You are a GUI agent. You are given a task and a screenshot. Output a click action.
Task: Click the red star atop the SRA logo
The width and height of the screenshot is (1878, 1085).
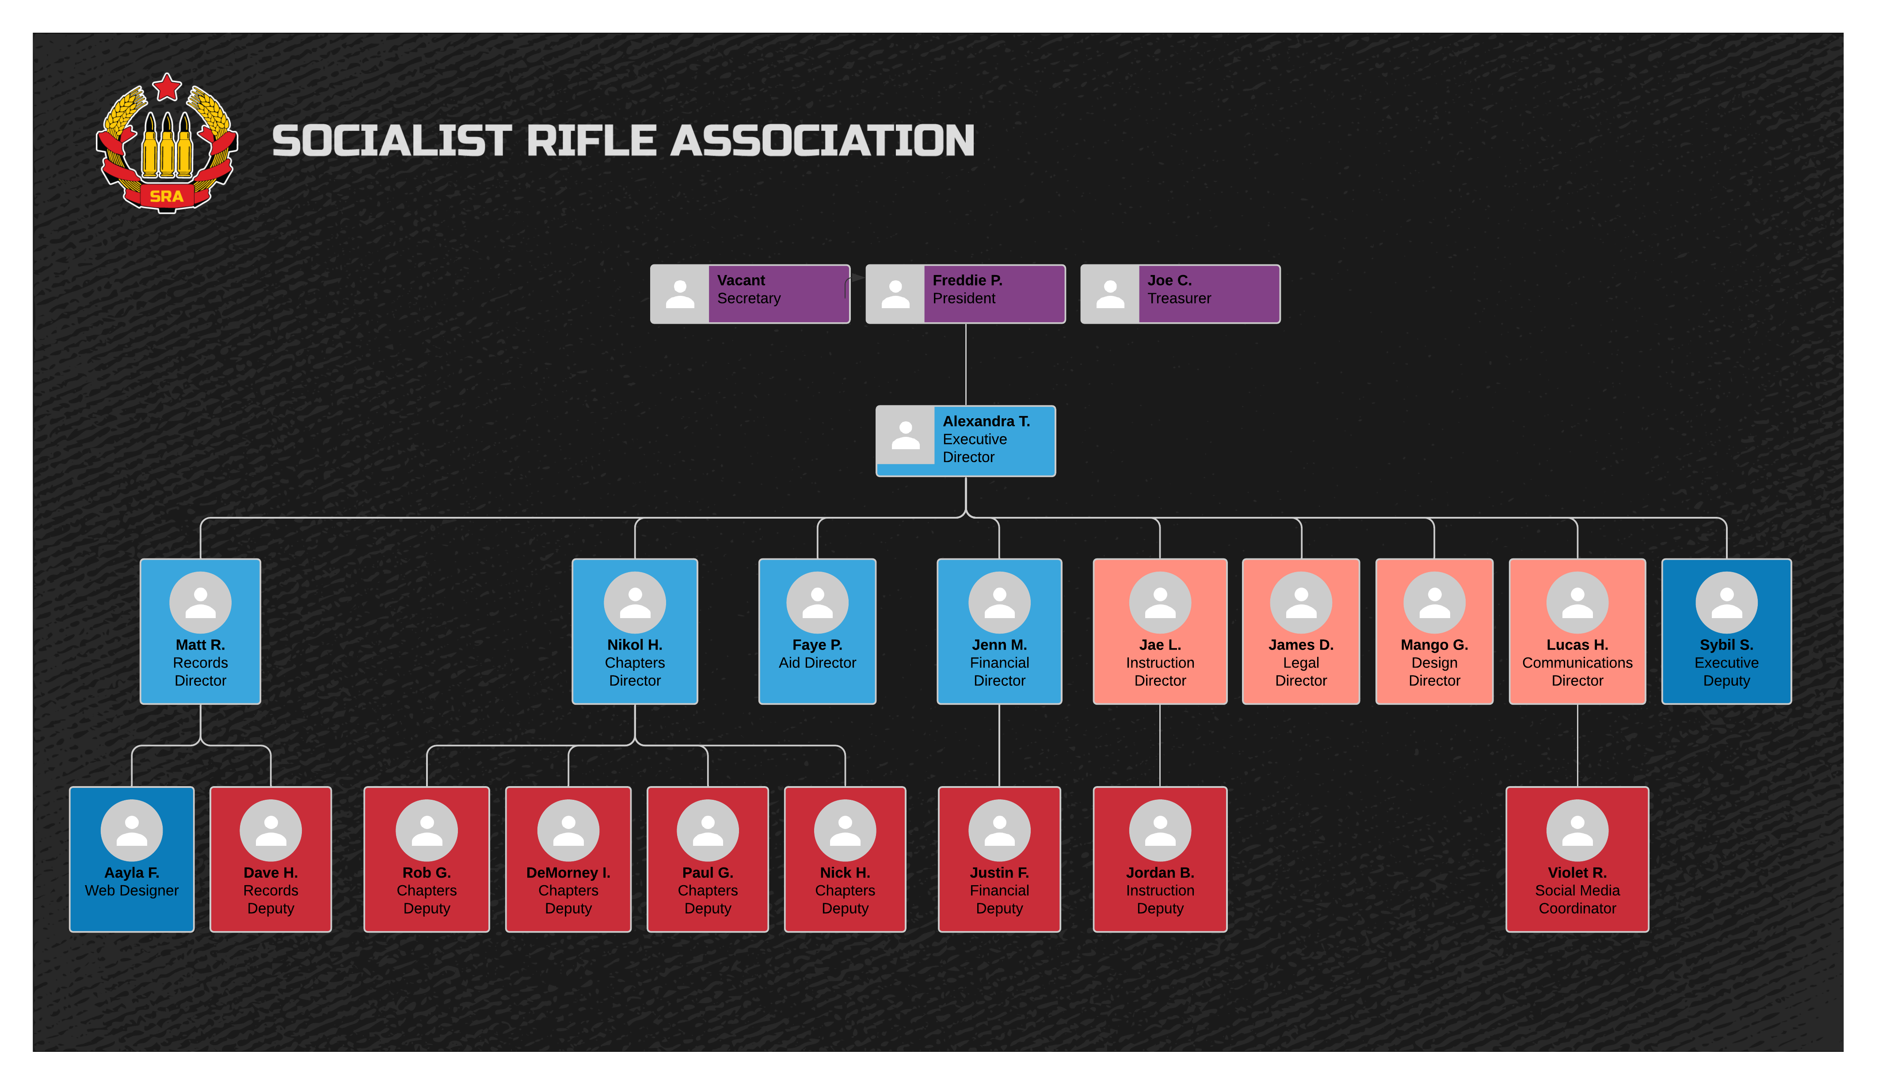(167, 87)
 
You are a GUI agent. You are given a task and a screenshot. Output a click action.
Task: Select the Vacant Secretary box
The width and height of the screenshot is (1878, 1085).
(750, 294)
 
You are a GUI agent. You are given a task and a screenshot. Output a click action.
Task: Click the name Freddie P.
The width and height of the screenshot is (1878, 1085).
(967, 280)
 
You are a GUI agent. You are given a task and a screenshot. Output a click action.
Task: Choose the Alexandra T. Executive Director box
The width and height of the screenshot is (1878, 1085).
(965, 440)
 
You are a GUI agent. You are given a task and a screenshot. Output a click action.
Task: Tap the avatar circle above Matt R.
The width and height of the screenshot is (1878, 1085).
(200, 602)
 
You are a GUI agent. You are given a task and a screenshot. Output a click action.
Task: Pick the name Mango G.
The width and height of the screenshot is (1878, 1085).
(1433, 645)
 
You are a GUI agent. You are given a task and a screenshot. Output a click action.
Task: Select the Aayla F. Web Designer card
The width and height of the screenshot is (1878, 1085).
(132, 859)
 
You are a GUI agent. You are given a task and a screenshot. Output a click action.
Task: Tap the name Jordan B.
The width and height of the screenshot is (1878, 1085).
(1159, 873)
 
